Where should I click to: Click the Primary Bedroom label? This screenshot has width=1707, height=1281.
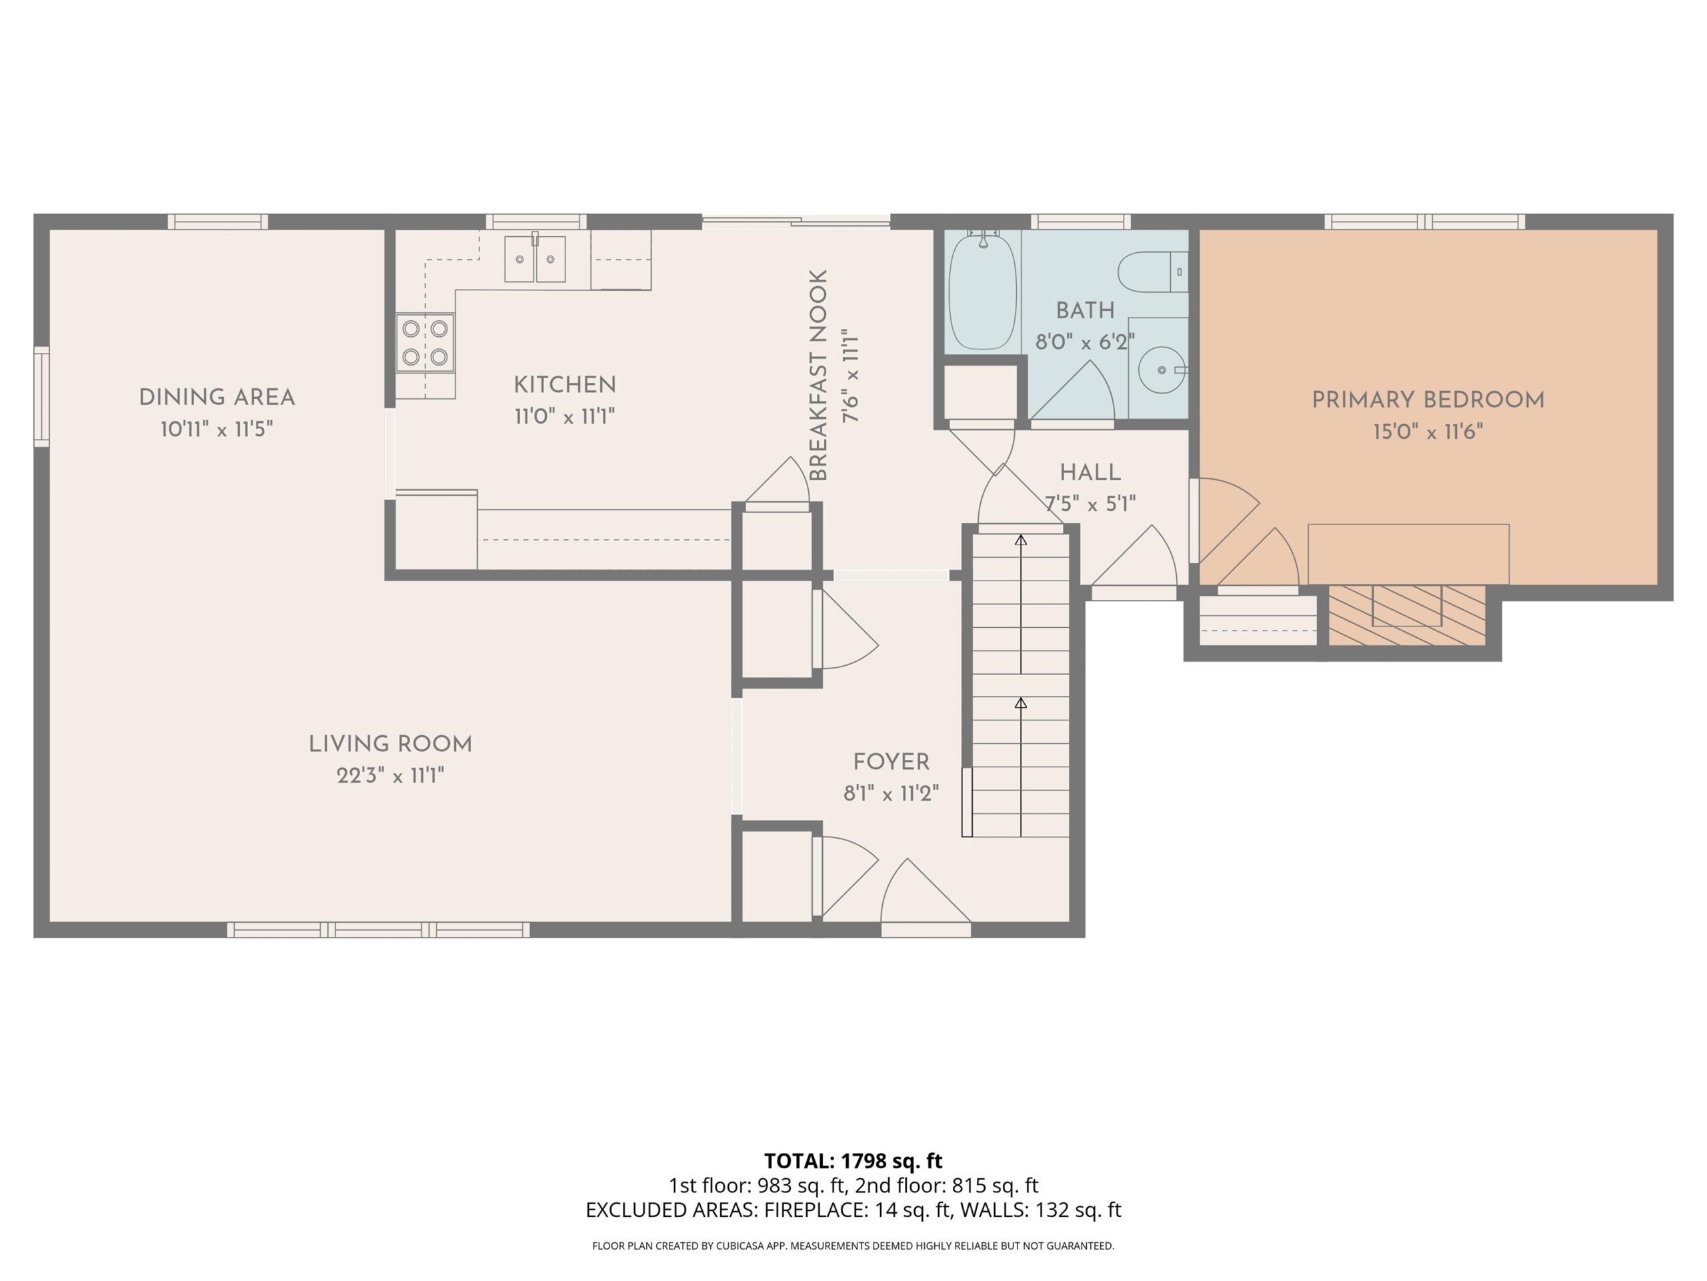tap(1428, 400)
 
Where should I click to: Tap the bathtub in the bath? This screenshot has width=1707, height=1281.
tap(982, 291)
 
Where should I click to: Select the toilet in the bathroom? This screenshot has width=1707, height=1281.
tap(1153, 272)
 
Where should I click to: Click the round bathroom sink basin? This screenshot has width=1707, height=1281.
tap(1162, 370)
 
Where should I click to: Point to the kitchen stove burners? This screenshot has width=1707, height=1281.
tap(425, 343)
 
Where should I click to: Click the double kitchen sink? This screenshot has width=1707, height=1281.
tap(535, 259)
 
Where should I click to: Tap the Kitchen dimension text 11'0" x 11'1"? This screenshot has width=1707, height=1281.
tap(565, 417)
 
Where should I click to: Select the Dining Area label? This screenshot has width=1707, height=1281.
tap(217, 398)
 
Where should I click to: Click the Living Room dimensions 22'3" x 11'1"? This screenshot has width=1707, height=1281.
tap(391, 775)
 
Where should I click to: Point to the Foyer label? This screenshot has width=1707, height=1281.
tap(892, 762)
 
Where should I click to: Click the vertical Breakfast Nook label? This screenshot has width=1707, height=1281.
tap(818, 375)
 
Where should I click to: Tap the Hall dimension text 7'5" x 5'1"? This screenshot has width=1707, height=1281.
tap(1090, 504)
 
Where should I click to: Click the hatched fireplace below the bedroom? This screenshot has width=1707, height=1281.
tap(1407, 615)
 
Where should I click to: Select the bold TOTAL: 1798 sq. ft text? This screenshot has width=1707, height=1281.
tap(853, 1160)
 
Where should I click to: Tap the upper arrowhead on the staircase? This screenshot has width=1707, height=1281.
tap(1021, 540)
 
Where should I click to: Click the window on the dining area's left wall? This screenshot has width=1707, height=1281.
tap(41, 396)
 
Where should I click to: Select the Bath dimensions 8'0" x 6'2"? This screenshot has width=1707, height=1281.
tap(1084, 342)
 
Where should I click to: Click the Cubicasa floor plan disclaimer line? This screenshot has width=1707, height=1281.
tap(853, 1246)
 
